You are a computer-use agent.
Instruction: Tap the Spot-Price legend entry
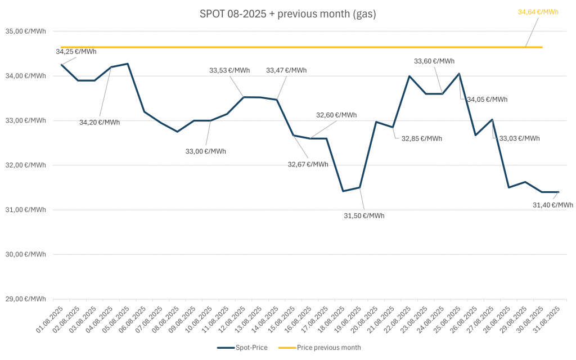[242, 348]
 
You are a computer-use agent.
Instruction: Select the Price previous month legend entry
[321, 348]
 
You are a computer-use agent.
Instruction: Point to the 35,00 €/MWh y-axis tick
[26, 31]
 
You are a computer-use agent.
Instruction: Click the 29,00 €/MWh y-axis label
[26, 299]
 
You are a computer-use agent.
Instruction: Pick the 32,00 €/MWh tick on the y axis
[26, 165]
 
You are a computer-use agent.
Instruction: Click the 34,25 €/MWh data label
[76, 52]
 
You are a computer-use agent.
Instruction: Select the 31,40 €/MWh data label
[552, 205]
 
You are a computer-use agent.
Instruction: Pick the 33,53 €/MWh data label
[229, 70]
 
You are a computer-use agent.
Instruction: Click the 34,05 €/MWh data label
[487, 100]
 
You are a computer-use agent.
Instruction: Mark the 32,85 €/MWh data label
[422, 138]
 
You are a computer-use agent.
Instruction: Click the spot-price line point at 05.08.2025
[128, 64]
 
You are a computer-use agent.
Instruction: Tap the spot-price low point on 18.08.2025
[343, 191]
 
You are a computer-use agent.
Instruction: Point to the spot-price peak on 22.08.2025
[409, 76]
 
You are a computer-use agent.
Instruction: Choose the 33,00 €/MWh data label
[206, 151]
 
